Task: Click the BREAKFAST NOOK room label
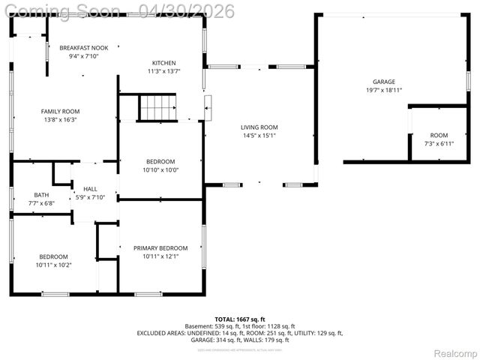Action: coord(84,48)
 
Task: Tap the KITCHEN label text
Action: coord(164,63)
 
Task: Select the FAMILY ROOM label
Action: coord(60,111)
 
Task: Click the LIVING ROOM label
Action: coord(259,127)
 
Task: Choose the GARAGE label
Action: coord(384,82)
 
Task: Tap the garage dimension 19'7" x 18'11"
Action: coord(384,90)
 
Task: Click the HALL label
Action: coord(90,189)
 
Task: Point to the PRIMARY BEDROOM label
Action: coord(160,248)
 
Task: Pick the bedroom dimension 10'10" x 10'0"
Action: coord(160,169)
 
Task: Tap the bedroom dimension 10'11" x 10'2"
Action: coord(53,264)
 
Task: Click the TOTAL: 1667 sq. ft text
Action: coord(240,319)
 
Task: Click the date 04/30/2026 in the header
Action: coord(187,11)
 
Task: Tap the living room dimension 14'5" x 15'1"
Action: coord(259,136)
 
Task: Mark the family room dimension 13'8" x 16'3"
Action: coord(60,119)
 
